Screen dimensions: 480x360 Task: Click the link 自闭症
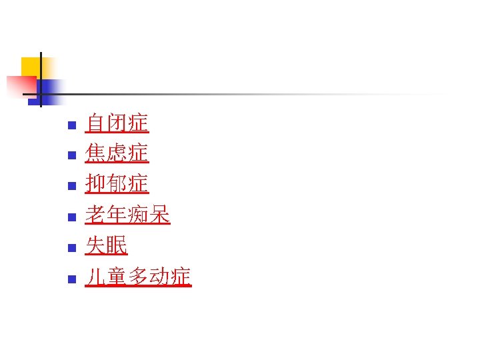(x=117, y=123)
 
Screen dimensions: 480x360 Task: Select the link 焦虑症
(x=117, y=154)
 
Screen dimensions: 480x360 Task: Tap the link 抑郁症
(x=117, y=184)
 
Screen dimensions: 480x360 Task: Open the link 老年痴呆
(x=128, y=215)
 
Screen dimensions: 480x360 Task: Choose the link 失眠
(x=107, y=245)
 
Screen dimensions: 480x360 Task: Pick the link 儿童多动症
(x=139, y=276)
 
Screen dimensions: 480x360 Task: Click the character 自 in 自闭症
(x=96, y=123)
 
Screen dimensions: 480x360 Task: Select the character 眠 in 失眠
(x=117, y=245)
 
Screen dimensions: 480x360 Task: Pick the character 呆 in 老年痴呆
(x=160, y=215)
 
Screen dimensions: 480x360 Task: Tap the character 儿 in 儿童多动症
(x=96, y=276)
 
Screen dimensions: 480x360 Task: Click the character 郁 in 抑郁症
(x=117, y=184)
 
